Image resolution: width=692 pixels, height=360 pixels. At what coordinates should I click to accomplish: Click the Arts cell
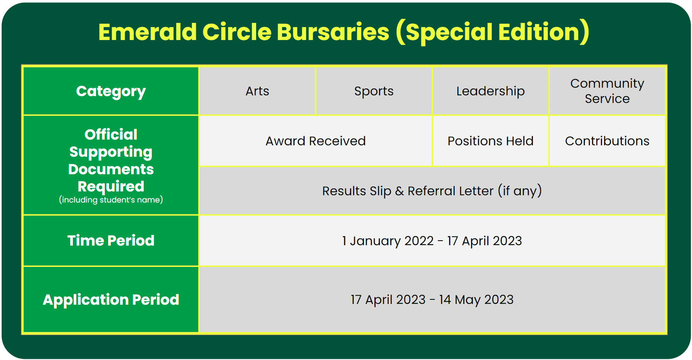click(257, 91)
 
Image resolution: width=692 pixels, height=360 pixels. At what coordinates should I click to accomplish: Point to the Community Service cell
click(607, 91)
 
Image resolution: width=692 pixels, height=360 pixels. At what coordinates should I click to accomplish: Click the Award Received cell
click(316, 141)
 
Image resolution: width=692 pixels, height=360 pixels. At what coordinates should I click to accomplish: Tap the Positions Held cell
click(490, 141)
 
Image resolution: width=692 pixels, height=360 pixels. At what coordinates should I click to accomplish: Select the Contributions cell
click(607, 141)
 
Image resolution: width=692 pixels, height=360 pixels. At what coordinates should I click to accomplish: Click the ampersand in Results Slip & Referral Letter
click(399, 191)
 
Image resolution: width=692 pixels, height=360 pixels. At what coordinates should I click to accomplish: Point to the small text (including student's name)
click(111, 200)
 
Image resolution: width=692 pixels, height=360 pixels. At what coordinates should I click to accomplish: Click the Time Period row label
click(111, 241)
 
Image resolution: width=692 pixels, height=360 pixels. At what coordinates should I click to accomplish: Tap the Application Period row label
click(111, 300)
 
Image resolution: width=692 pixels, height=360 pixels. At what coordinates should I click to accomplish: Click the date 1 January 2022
click(388, 241)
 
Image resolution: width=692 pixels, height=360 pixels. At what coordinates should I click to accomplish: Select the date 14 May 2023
click(476, 300)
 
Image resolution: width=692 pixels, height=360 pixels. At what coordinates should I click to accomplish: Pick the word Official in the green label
click(111, 135)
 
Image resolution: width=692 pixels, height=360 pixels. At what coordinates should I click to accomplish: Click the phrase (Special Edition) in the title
click(493, 32)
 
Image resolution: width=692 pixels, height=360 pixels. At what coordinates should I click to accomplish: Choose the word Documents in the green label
click(111, 169)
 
